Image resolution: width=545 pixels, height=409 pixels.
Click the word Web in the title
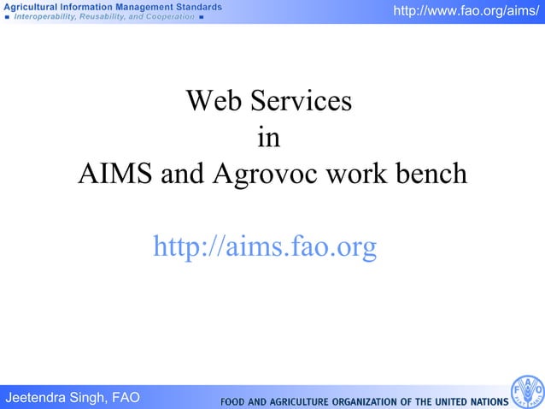[214, 102]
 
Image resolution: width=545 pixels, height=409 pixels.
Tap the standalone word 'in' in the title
[269, 138]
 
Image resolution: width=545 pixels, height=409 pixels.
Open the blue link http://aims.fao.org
[264, 247]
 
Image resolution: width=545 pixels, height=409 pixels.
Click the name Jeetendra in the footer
[41, 397]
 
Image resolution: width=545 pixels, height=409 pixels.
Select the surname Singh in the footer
[95, 397]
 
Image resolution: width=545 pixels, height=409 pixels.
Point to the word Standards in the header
[200, 7]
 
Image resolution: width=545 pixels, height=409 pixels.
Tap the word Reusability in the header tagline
[102, 17]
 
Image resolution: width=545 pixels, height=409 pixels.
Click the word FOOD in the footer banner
[237, 400]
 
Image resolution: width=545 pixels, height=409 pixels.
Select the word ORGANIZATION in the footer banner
[368, 400]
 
